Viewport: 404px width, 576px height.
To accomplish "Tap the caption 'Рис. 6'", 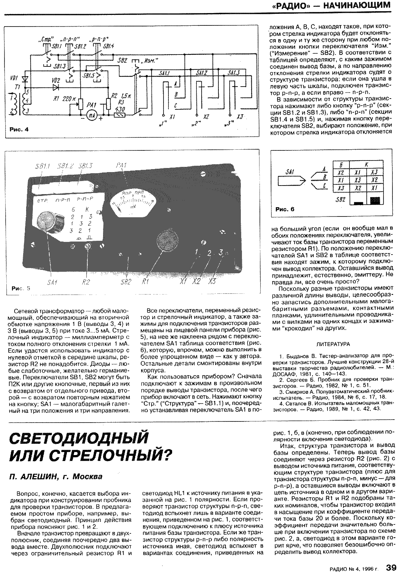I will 285,209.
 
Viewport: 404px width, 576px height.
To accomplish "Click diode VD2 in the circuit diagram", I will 56,87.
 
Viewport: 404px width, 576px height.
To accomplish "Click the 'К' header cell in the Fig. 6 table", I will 366,164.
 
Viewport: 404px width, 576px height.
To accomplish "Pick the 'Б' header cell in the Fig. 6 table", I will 341,164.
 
